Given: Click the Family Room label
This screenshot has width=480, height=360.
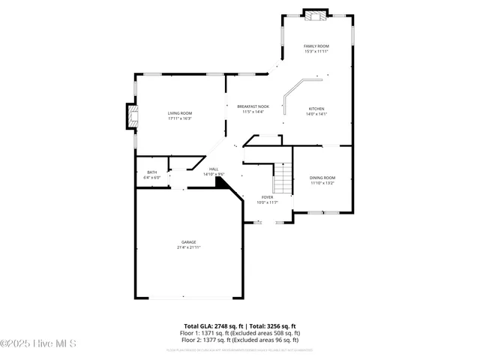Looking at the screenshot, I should pyautogui.click(x=316, y=46).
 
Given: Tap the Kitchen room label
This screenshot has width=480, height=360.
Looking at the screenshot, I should pyautogui.click(x=316, y=109).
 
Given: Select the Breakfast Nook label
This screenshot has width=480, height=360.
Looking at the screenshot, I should pyautogui.click(x=253, y=106).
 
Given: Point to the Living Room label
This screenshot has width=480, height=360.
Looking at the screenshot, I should pyautogui.click(x=180, y=112).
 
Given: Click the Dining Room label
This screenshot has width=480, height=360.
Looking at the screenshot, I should pyautogui.click(x=322, y=177).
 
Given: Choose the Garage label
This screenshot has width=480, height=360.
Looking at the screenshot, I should pyautogui.click(x=188, y=241).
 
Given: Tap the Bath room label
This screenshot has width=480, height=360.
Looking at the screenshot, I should pyautogui.click(x=151, y=172).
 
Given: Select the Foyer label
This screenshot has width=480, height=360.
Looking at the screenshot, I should pyautogui.click(x=267, y=196).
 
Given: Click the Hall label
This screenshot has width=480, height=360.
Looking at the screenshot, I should pyautogui.click(x=214, y=169).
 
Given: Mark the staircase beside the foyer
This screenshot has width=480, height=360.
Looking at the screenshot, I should pyautogui.click(x=282, y=180).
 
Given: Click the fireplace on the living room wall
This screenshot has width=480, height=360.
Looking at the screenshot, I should pyautogui.click(x=132, y=115).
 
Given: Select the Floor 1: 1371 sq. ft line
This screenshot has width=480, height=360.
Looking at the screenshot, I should pyautogui.click(x=239, y=332).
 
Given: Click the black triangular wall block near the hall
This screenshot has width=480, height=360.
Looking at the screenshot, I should pyautogui.click(x=221, y=181).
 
